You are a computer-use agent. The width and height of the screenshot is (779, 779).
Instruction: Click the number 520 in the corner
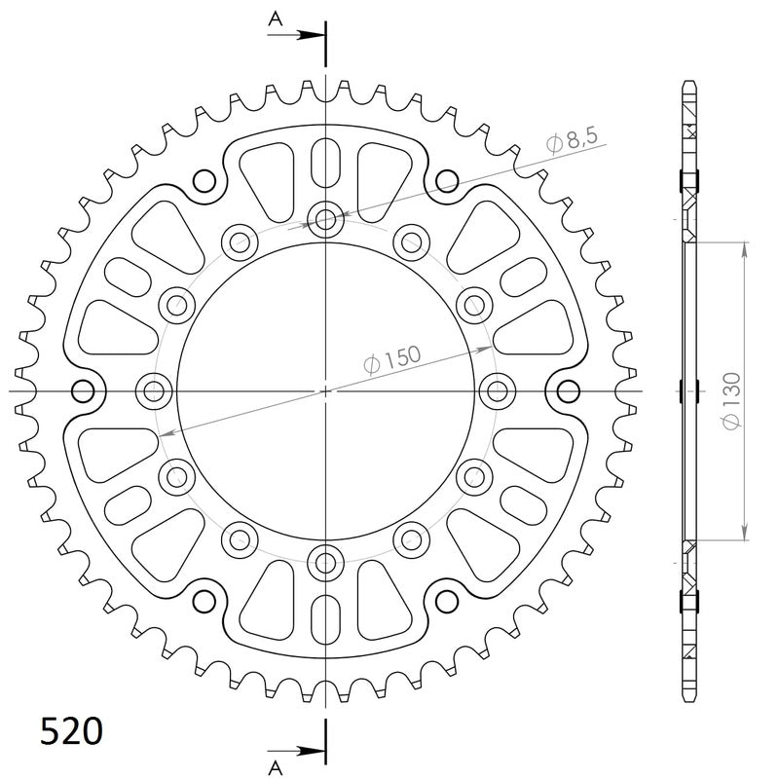[70, 731]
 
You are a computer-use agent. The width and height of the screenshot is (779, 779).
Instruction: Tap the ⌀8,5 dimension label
[572, 141]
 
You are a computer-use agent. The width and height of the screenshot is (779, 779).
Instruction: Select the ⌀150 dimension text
[392, 361]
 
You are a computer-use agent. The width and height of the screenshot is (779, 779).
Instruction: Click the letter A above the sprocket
[276, 18]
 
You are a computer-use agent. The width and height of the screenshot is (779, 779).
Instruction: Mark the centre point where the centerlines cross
[325, 391]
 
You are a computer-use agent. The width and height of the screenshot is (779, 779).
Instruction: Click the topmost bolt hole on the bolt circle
[325, 218]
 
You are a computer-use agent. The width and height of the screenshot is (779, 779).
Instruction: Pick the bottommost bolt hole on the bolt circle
[325, 562]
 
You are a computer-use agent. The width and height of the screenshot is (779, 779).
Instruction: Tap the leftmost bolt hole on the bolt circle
[152, 391]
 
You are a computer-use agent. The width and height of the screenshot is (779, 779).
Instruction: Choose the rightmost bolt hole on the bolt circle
[498, 391]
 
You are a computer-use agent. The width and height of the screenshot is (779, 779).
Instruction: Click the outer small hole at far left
[84, 391]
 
